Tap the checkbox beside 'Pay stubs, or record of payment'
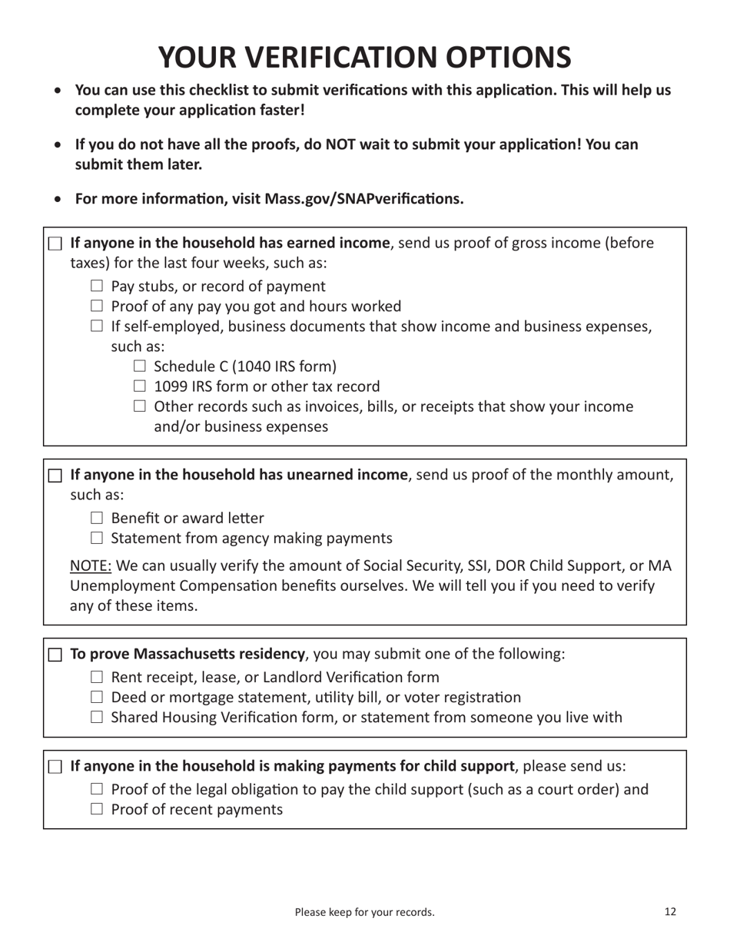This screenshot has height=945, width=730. pyautogui.click(x=96, y=287)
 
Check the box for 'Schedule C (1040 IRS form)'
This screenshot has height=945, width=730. pyautogui.click(x=139, y=366)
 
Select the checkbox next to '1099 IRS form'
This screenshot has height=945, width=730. pyautogui.click(x=139, y=386)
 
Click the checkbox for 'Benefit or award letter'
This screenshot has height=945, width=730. pyautogui.click(x=96, y=519)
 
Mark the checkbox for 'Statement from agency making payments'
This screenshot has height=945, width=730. pyautogui.click(x=96, y=539)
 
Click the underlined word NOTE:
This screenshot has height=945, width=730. pyautogui.click(x=91, y=566)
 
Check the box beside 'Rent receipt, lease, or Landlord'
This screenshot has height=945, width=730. pyautogui.click(x=96, y=678)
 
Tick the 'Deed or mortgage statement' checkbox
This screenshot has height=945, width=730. pyautogui.click(x=96, y=698)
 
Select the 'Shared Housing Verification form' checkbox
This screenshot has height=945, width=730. pyautogui.click(x=96, y=718)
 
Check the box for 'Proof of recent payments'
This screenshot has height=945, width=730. pyautogui.click(x=96, y=810)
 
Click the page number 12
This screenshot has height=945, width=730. pyautogui.click(x=670, y=912)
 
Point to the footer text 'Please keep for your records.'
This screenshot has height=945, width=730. pyautogui.click(x=364, y=913)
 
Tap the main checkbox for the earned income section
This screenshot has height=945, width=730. pyautogui.click(x=55, y=244)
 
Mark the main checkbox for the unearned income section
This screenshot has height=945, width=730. pyautogui.click(x=55, y=476)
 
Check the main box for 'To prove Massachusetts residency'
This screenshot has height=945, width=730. pyautogui.click(x=55, y=655)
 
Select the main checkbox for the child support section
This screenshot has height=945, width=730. pyautogui.click(x=55, y=767)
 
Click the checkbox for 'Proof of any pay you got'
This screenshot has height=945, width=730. pyautogui.click(x=96, y=307)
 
